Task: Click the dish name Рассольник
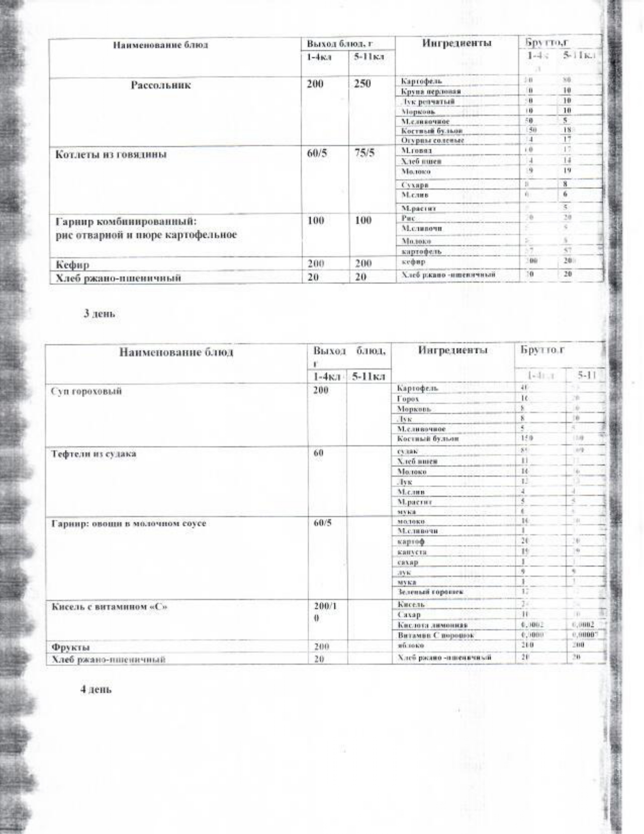160,85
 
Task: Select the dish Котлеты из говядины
111,155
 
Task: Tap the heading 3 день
99,313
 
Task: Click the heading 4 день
96,689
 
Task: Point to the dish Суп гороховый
86,391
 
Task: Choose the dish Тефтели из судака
94,453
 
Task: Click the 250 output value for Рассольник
362,84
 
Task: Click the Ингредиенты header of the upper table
457,43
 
